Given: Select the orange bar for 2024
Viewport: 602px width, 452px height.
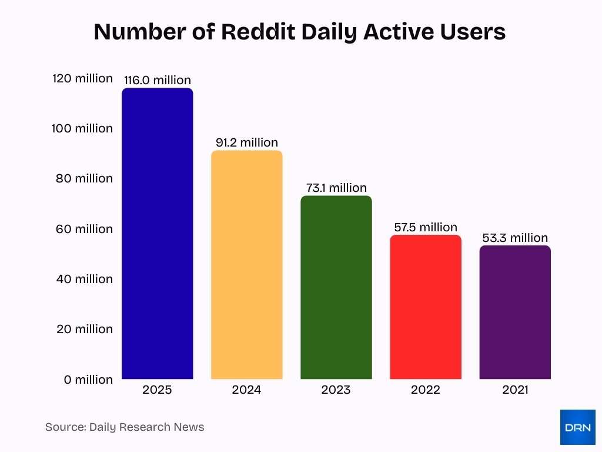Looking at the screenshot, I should (246, 265).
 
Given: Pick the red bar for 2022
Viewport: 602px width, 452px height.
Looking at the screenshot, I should (426, 307).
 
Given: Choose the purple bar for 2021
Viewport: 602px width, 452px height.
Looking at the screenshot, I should (515, 312).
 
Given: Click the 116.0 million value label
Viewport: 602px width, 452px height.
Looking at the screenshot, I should (157, 80).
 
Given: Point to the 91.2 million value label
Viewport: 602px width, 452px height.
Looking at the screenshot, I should (246, 142).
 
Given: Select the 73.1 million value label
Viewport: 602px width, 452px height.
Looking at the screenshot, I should (336, 188).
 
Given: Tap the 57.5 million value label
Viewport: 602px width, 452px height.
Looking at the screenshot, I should (426, 227).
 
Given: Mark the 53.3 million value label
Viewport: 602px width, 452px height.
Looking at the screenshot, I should (515, 238).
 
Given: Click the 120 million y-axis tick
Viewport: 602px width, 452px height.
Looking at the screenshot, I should (82, 78).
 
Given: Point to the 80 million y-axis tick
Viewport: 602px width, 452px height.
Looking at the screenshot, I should (84, 178).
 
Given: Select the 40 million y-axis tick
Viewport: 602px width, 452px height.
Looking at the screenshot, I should (84, 279).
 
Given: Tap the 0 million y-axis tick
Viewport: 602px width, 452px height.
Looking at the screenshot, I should (88, 380).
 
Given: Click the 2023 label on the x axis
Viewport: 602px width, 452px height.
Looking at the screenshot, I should (336, 390).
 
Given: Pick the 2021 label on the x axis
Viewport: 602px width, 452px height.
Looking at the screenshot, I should (515, 390).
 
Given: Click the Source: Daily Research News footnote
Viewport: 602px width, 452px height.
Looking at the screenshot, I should (125, 427).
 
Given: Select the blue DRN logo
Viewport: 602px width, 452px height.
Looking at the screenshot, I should (577, 427).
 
